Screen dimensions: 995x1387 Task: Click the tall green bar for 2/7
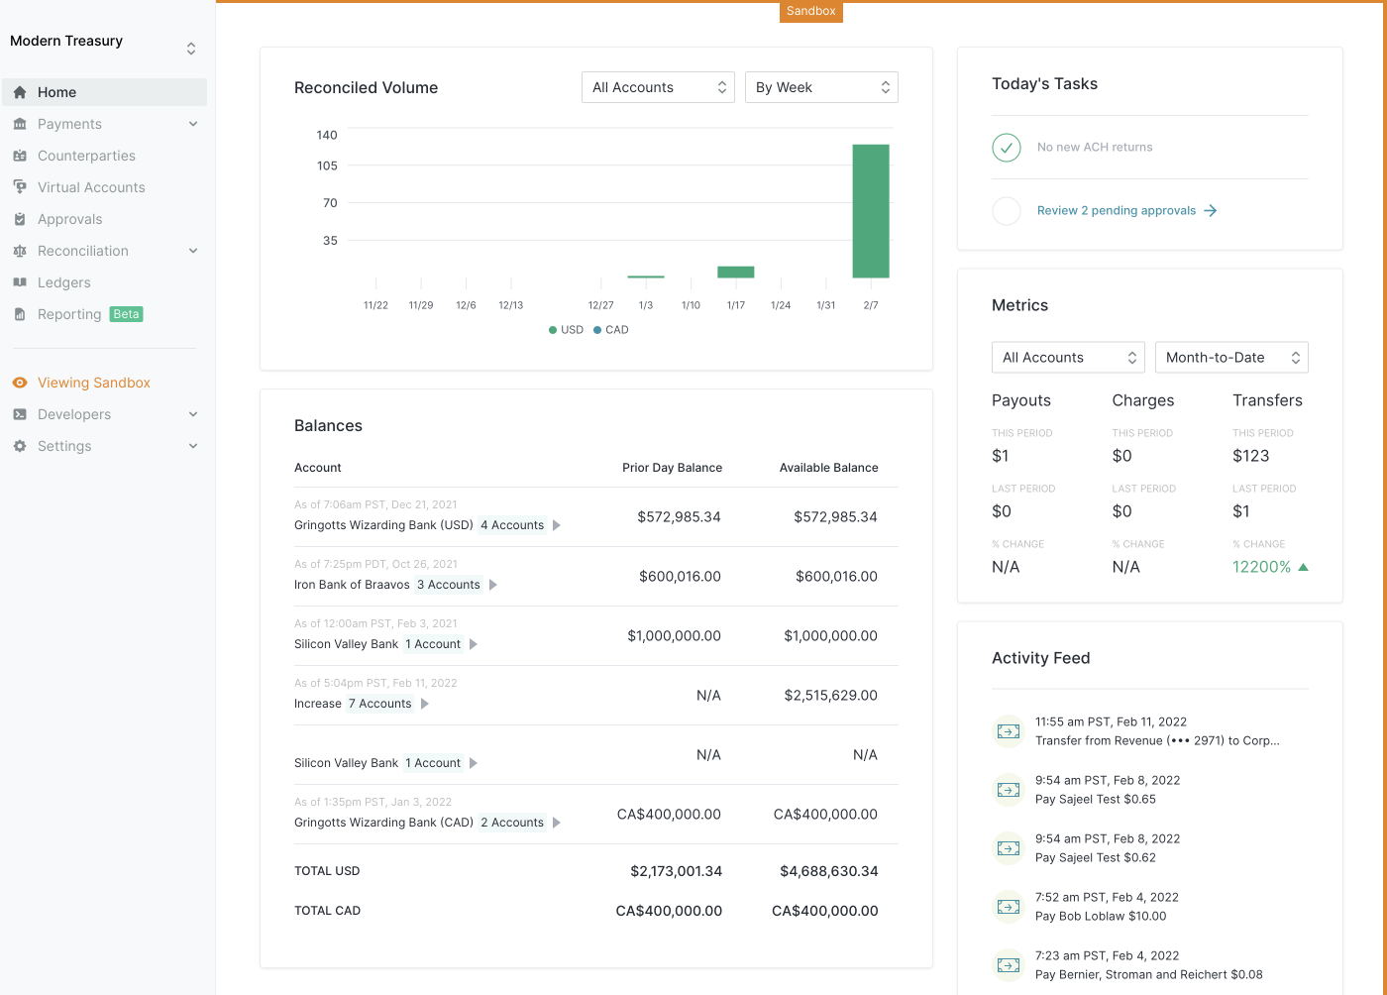(870, 211)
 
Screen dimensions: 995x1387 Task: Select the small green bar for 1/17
(735, 272)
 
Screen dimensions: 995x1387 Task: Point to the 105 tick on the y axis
(327, 166)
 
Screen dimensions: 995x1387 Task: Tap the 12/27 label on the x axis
(600, 305)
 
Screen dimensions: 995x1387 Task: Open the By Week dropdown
(821, 87)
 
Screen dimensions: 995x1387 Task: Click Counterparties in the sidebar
(86, 156)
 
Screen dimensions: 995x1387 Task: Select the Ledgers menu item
(64, 282)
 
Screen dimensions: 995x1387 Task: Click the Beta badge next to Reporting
(126, 314)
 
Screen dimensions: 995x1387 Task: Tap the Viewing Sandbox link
(94, 383)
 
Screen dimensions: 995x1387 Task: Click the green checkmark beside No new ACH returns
(1007, 148)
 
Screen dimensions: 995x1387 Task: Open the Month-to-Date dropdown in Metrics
(1231, 358)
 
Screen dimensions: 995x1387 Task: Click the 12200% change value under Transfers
(1261, 567)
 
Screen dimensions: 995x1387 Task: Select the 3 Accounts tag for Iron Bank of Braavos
(448, 585)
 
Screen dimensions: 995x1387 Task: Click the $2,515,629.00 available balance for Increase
(830, 696)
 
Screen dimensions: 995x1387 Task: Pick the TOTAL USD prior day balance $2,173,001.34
(676, 871)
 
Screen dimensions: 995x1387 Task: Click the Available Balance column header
(828, 468)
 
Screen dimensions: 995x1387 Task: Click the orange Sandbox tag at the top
(810, 11)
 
